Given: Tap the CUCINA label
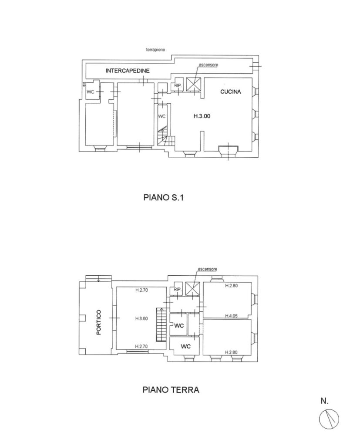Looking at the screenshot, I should [x=230, y=92].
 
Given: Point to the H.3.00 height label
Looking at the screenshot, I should [x=202, y=116].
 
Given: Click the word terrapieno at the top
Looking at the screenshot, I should [x=155, y=50].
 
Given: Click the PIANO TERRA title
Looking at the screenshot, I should [x=171, y=390].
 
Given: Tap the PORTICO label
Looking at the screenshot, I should [x=99, y=322].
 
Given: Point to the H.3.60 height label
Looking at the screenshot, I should [x=141, y=318].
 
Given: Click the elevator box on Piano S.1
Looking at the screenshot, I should [x=193, y=84].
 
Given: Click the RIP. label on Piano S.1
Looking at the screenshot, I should [x=178, y=86].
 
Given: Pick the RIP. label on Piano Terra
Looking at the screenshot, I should [x=177, y=290].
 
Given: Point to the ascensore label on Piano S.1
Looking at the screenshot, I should [x=208, y=65].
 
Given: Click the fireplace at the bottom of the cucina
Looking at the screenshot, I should [x=228, y=149].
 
